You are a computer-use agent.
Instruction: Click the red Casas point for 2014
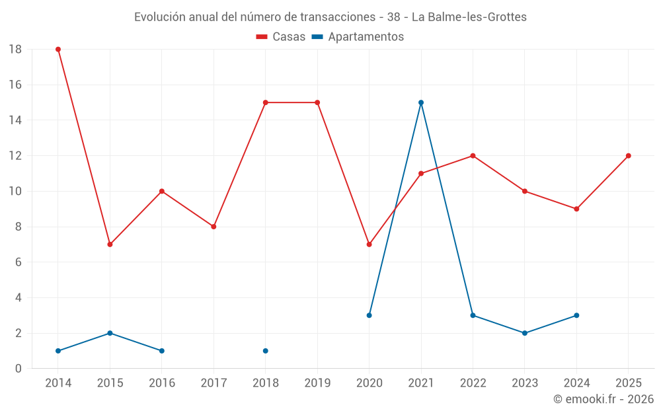click(x=58, y=50)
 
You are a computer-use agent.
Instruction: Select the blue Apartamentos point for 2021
click(x=421, y=102)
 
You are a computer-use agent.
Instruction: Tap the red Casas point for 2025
click(x=629, y=156)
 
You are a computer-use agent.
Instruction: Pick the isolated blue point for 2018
click(x=266, y=351)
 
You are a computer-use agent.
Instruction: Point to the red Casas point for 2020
click(x=369, y=244)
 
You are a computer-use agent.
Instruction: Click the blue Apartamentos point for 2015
click(x=110, y=333)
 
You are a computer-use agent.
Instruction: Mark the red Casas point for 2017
click(x=214, y=227)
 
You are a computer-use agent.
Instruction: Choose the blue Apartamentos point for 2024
click(x=576, y=315)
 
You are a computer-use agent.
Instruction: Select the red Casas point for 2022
click(x=473, y=156)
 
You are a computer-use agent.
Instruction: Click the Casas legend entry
click(x=282, y=37)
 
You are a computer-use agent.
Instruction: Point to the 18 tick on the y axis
click(x=15, y=50)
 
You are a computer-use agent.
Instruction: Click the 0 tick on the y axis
click(x=19, y=369)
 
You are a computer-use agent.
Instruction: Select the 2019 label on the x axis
click(x=317, y=383)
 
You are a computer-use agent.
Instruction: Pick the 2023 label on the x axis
click(x=525, y=383)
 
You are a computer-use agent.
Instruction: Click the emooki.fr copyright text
click(x=603, y=399)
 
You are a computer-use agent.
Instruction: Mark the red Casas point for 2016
click(x=162, y=192)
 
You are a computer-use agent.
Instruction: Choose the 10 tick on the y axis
click(x=15, y=192)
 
